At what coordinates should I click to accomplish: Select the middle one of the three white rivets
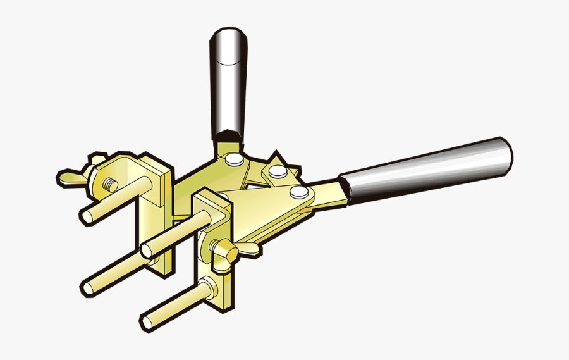tap(276, 171)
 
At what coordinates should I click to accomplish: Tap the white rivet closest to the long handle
tap(298, 192)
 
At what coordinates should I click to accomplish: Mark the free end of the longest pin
tap(88, 288)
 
